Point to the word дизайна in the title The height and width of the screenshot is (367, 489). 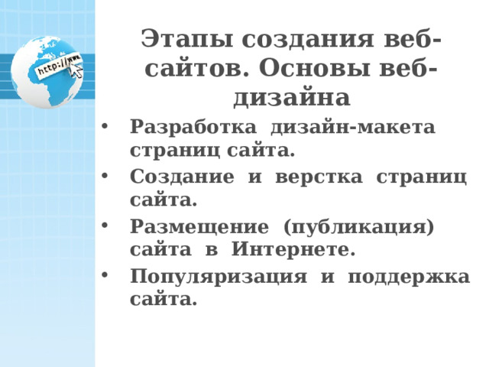(290, 98)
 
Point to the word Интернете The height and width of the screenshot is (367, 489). (293, 250)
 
